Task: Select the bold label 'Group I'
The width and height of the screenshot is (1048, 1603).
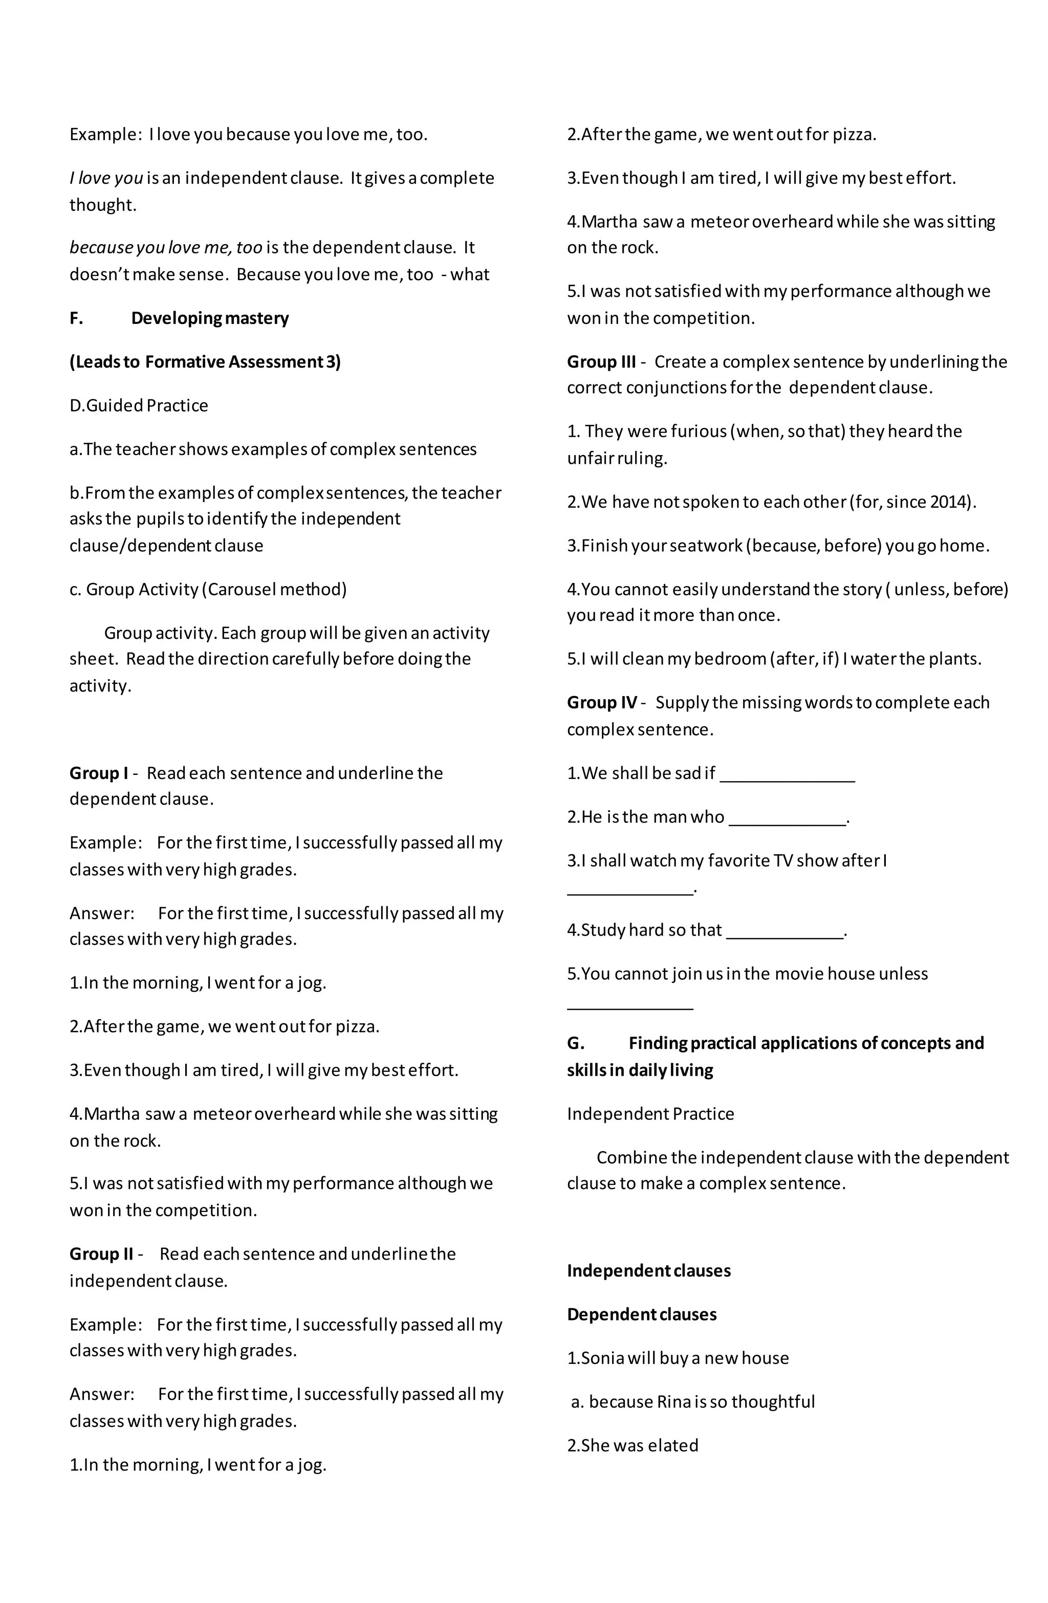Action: point(98,773)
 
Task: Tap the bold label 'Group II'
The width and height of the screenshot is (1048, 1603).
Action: point(101,1254)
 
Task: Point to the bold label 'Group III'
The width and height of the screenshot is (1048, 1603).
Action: point(601,362)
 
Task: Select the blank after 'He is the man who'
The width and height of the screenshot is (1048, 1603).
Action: point(786,819)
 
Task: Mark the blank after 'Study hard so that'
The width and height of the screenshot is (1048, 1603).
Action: point(784,932)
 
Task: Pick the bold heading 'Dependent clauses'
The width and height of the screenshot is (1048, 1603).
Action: point(641,1315)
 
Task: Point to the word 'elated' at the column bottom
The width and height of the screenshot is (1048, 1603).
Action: point(673,1446)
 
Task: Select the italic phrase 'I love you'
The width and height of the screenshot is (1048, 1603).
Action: point(106,179)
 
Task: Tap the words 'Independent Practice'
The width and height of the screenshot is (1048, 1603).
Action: point(650,1114)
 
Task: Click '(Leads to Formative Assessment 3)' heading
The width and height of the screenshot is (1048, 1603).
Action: point(205,362)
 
